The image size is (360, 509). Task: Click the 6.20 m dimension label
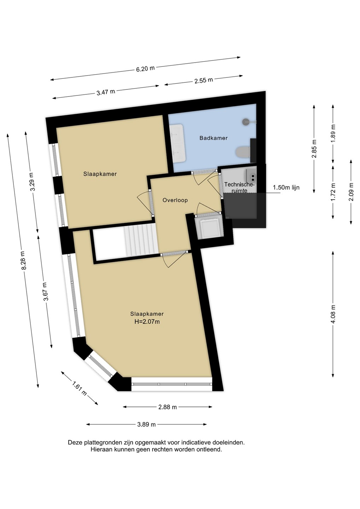(x=145, y=69)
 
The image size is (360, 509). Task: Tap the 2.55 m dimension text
(x=204, y=81)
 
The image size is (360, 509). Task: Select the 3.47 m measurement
(x=106, y=92)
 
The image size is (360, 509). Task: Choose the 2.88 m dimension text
(x=168, y=407)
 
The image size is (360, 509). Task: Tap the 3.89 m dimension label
(x=146, y=424)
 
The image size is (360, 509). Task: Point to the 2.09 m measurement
(x=352, y=192)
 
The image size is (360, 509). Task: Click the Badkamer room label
(x=213, y=138)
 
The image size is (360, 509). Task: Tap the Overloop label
(x=175, y=200)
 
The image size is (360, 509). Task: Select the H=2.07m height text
(x=147, y=322)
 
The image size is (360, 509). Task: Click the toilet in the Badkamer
(x=243, y=152)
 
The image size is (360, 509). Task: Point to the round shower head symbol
(x=246, y=122)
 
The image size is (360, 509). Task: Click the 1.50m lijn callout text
(x=286, y=188)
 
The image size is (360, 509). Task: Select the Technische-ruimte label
(x=239, y=187)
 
